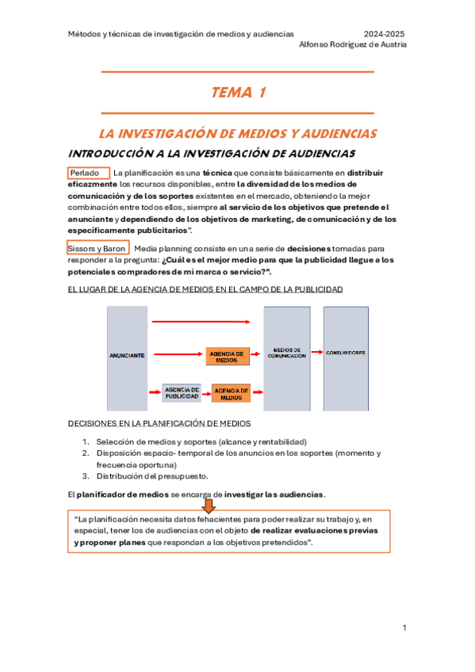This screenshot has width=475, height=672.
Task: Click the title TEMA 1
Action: point(238,94)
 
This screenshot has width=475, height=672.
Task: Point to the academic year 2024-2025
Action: point(384,34)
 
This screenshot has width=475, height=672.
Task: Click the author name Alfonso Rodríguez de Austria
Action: point(353,45)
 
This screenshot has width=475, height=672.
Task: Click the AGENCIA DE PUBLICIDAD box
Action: point(182,391)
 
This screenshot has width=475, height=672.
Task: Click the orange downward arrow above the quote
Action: point(209,505)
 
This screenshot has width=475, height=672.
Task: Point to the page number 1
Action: point(404,628)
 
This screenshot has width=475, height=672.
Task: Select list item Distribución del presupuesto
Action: point(152,476)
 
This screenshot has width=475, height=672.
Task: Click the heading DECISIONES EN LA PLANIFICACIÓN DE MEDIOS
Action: point(160,424)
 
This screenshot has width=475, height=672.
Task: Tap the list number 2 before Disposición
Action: point(86,453)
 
